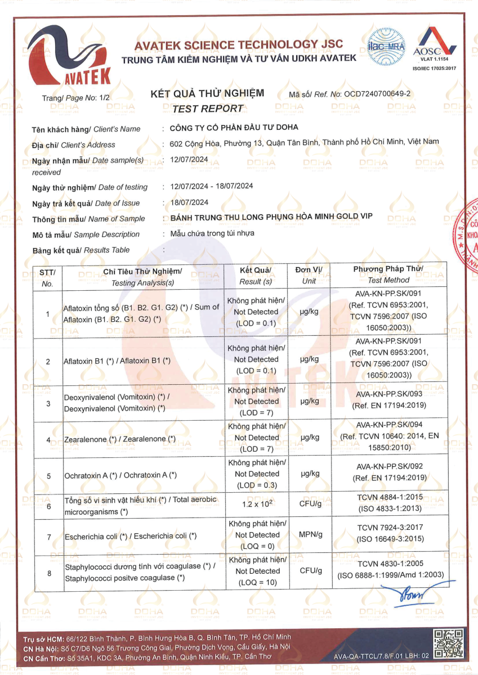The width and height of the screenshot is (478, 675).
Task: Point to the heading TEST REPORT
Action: tap(207, 109)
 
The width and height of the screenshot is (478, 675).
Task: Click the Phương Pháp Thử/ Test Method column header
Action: tap(388, 274)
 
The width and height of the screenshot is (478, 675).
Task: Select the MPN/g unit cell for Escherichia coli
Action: tap(310, 535)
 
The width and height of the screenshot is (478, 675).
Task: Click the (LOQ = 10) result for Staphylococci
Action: tap(257, 583)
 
